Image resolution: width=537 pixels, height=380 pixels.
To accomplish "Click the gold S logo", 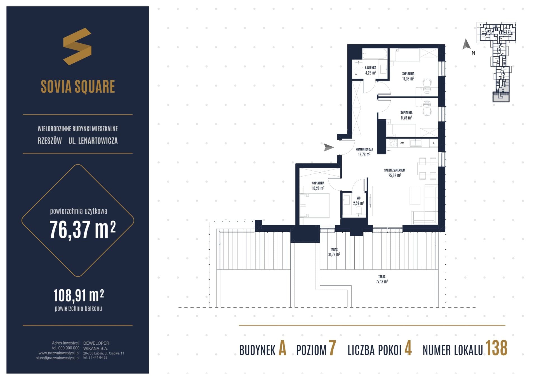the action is pos(77,46).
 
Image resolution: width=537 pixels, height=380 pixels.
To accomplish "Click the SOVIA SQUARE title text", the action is pos(78,86).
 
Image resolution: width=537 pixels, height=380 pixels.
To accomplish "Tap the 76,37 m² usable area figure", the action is pos(83,229).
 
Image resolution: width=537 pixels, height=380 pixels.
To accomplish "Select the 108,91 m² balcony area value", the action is pos(79,295).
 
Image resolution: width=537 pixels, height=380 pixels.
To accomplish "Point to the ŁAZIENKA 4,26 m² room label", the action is pos(371,70).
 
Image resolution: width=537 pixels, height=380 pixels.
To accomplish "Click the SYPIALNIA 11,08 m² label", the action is pos(408,76).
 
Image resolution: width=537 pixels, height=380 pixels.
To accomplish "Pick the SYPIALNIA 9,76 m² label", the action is pos(406,115).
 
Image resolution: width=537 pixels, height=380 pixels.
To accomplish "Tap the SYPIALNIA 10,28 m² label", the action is pos(318,186).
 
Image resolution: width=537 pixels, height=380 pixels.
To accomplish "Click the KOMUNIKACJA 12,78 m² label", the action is pos(364,152).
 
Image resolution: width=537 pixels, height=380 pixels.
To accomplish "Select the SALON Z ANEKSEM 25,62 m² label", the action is pos(395,173).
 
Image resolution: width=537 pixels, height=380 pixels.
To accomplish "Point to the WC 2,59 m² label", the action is pos(359,201).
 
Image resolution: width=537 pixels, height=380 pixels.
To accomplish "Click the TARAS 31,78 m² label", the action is pos(334,252).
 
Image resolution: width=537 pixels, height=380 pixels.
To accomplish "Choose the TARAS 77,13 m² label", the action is pos(382,279).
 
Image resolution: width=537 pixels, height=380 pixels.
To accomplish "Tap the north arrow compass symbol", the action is pos(466,44).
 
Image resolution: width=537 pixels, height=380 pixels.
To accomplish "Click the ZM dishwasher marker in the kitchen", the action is pos(402,143).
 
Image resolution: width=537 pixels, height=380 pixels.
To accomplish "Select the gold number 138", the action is pos(496,348).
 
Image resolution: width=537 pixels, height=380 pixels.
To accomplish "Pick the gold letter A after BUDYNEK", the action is pos(282,348).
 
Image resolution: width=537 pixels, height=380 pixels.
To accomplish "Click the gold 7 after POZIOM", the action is pos(332,348).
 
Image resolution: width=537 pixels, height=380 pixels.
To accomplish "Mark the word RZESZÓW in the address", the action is pos(50,141).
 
